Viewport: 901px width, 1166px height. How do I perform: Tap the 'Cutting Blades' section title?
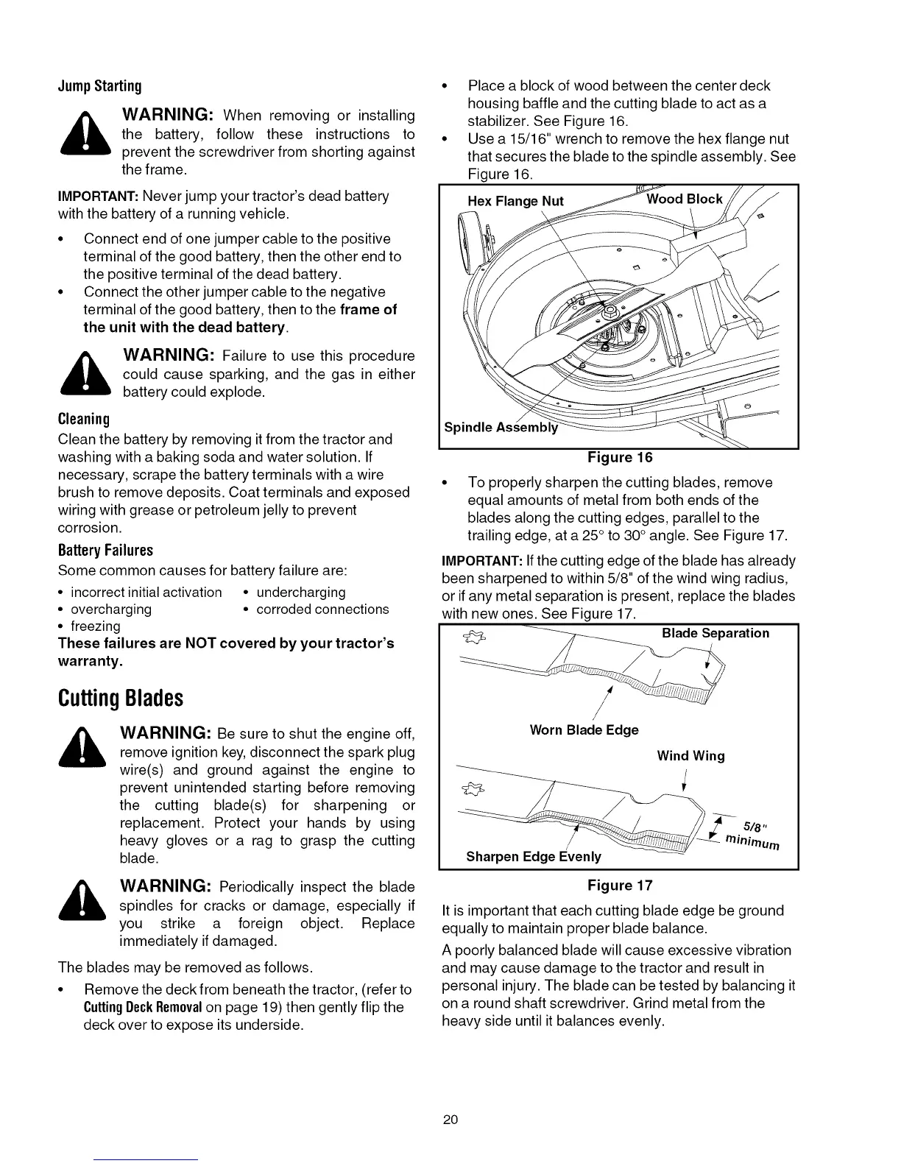point(120,697)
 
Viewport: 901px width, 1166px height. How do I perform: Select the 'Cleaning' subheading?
point(83,420)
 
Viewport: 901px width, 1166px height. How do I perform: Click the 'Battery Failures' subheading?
point(105,551)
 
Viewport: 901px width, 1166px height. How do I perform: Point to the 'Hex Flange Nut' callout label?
point(515,202)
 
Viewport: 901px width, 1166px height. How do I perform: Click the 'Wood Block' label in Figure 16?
point(685,199)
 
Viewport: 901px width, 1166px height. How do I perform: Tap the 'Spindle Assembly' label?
point(501,428)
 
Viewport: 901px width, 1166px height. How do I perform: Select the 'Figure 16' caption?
point(619,458)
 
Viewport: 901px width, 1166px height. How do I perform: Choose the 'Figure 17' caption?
point(619,885)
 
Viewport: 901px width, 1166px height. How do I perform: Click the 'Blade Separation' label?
point(715,634)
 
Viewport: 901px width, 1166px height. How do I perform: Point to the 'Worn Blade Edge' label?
point(584,730)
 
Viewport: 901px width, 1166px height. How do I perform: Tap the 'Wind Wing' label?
point(690,756)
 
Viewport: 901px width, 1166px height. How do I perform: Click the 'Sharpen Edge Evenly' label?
point(534,857)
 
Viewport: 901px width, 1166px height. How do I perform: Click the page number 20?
point(451,1120)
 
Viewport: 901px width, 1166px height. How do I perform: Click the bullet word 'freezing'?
point(95,626)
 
